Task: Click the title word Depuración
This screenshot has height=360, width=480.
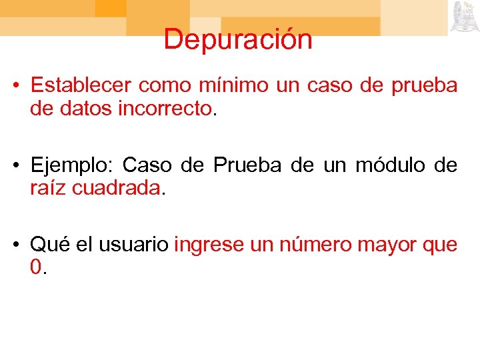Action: coord(238,39)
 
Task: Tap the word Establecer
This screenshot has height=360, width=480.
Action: coord(81,86)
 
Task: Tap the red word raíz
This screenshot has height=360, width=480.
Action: coord(47,187)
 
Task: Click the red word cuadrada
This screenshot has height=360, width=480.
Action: coord(116,187)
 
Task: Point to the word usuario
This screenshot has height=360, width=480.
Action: coord(133,245)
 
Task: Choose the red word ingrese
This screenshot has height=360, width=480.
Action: coord(209,245)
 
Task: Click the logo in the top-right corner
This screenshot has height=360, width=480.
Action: coord(463,16)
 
